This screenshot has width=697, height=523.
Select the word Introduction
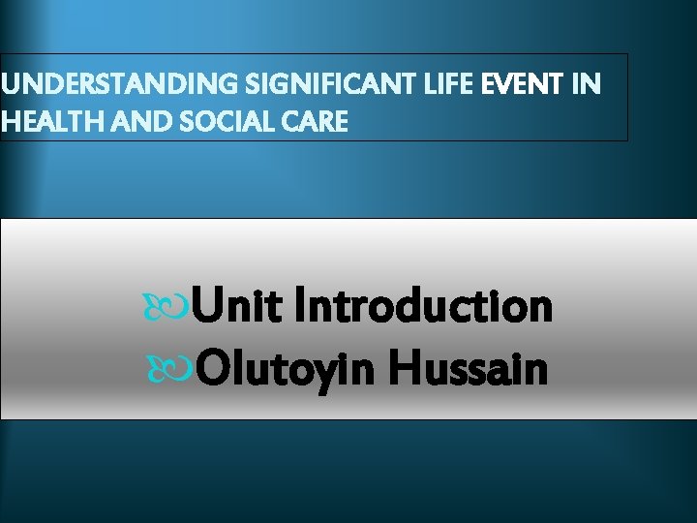[423, 308]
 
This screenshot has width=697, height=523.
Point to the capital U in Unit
[205, 308]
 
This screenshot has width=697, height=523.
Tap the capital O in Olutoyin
[213, 369]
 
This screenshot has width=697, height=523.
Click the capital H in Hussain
[408, 369]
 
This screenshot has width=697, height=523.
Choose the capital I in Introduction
[300, 308]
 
